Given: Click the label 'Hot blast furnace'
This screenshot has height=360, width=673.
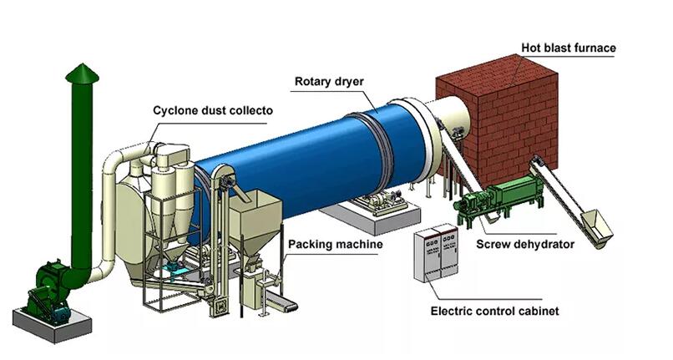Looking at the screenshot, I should [x=569, y=48].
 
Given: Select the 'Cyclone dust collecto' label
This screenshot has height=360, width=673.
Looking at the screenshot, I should [x=212, y=110].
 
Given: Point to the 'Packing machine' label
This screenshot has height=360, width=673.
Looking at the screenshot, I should [x=335, y=245].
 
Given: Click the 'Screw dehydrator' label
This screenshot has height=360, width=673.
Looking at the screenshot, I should [x=525, y=245].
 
